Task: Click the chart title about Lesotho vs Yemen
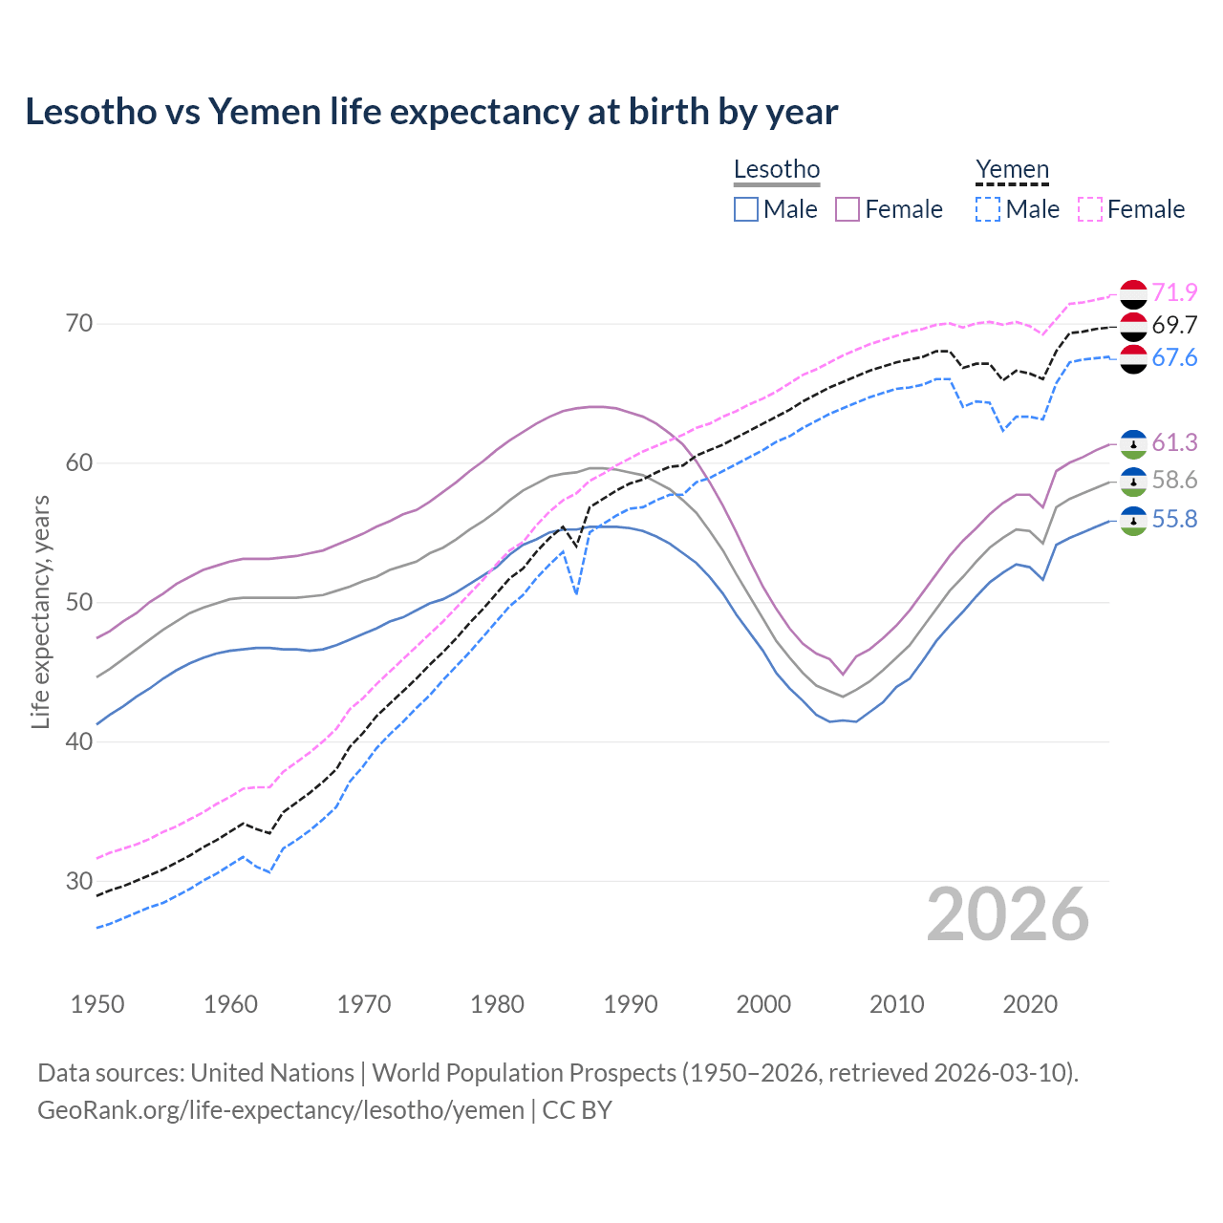point(431,112)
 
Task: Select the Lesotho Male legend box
point(746,209)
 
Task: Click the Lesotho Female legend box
point(848,209)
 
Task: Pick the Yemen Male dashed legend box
point(988,209)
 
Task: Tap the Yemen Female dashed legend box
point(1090,209)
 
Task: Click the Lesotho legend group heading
point(776,170)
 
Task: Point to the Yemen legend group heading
point(1012,170)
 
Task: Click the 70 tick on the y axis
point(79,324)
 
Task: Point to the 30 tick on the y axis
point(79,881)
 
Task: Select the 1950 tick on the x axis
point(97,1004)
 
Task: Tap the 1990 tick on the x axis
point(631,1004)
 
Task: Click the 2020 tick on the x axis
point(1030,1004)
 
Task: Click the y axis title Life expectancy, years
point(40,611)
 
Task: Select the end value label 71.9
point(1174,292)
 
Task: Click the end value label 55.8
point(1174,520)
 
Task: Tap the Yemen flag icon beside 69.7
point(1133,326)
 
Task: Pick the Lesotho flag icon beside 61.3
point(1133,443)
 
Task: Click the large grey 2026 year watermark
point(1007,914)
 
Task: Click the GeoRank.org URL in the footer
point(281,1110)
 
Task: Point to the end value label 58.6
point(1174,481)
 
